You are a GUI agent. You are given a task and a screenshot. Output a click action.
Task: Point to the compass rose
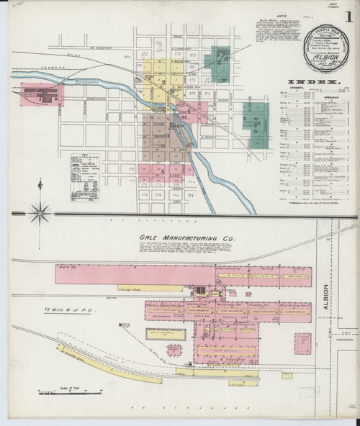[41, 212]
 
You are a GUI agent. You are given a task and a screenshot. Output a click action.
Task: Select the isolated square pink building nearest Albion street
[303, 343]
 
